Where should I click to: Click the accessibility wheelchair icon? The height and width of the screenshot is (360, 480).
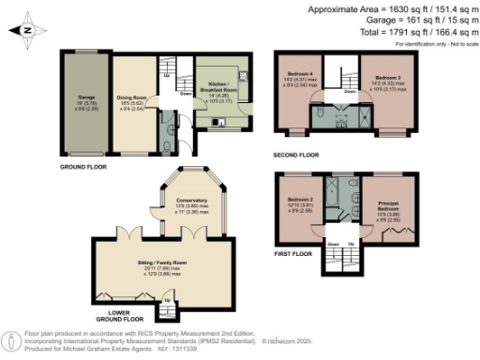[x=10, y=339]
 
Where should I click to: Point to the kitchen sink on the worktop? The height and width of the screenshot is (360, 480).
[x=242, y=74]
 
